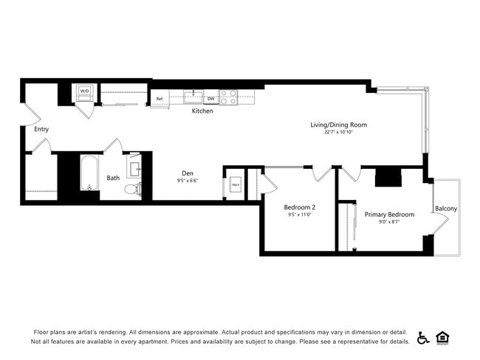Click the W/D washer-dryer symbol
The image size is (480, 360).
point(84,92)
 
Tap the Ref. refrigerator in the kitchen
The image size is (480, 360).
point(160,98)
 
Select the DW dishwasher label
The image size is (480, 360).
point(210,98)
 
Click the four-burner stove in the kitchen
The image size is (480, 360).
point(227,97)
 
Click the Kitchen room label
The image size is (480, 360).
point(202,111)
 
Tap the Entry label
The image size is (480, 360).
point(41,129)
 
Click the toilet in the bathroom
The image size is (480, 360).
point(132,189)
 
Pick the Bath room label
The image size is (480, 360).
point(113,178)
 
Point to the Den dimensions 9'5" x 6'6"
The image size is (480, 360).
point(188,181)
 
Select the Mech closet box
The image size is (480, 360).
point(236,184)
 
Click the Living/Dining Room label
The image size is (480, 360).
point(338,125)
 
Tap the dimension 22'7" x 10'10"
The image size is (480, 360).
point(338,133)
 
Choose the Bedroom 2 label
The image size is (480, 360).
point(300,207)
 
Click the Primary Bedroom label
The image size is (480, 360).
point(389,215)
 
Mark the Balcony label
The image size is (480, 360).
point(446,209)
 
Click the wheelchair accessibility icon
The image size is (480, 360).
point(423,338)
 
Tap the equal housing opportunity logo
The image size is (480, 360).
point(443,338)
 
